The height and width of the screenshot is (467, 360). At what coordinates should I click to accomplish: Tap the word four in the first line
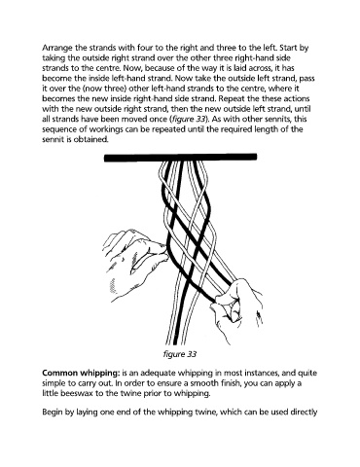145,48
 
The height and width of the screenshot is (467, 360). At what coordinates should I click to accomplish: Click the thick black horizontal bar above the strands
180,158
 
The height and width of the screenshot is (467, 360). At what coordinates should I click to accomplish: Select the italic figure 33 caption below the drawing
180,354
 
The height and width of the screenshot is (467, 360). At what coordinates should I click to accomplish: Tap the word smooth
201,383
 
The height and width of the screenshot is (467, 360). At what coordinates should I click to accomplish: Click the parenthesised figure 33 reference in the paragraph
188,120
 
